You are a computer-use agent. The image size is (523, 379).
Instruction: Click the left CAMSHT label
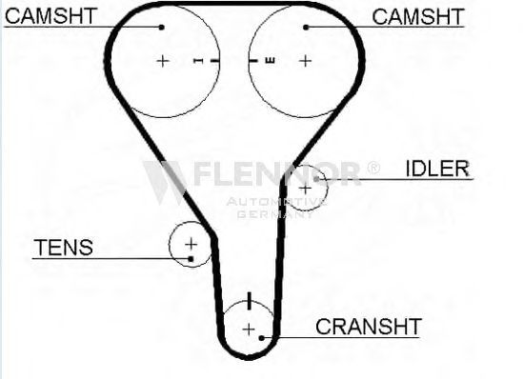pos(50,16)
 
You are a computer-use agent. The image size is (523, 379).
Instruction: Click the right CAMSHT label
pos(418,17)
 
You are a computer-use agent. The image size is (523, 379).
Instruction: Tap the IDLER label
pos(437,169)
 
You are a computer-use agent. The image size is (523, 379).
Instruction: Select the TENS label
pos(64,248)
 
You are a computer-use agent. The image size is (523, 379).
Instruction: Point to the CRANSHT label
pos(369,327)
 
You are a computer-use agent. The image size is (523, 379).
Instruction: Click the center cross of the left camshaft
pos(163,61)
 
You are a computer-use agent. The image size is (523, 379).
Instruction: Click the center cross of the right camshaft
pos(305,61)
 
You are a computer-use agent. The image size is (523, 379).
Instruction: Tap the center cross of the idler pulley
pos(305,189)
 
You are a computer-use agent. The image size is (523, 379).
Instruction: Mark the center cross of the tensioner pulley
pos(191,245)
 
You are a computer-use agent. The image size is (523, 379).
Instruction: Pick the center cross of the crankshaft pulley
pos(249,329)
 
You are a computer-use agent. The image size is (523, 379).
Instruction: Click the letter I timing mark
pos(198,61)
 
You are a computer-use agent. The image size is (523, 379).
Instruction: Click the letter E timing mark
pos(271,61)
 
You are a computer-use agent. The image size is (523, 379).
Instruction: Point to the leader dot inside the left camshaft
pos(161,28)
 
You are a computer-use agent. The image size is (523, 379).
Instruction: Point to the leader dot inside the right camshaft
pos(306,28)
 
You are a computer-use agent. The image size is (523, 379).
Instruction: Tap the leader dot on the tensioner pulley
pos(191,259)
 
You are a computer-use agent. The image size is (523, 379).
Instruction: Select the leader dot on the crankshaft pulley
pos(262,338)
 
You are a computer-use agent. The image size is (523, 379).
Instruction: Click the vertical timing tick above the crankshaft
pos(250,301)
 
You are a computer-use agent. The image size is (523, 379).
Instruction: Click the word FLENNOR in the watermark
pos(277,173)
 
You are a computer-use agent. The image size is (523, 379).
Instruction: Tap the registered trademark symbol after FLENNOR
pos(373,168)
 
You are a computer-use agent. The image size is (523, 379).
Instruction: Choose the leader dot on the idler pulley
pos(316,179)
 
